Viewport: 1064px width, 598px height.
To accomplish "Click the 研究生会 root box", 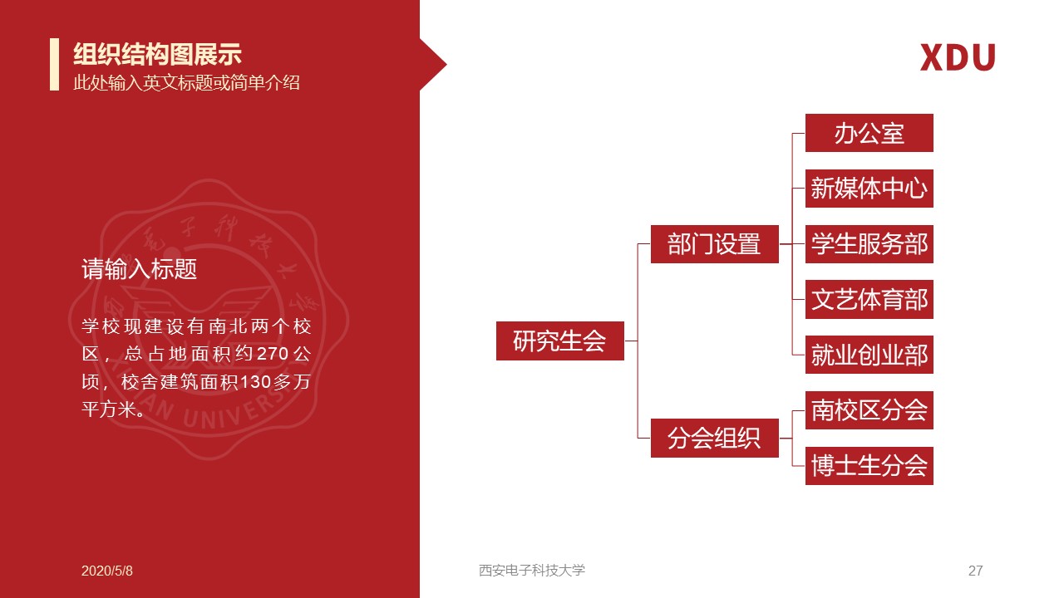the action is (x=560, y=341).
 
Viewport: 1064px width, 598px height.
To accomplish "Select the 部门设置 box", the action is (x=714, y=244).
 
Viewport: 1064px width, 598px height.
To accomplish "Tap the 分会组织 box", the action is (x=714, y=438).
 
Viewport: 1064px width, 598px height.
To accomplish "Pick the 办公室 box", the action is (x=869, y=133).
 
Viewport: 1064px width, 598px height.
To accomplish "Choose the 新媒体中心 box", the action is (x=869, y=189).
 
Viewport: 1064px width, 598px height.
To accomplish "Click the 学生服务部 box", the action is (x=869, y=244).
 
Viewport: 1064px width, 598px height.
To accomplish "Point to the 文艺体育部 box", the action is (x=869, y=300).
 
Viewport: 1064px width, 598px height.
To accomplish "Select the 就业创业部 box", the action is (x=869, y=355).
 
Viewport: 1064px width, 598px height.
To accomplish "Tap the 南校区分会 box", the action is (x=869, y=410).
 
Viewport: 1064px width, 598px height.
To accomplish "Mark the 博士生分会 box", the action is (x=869, y=466).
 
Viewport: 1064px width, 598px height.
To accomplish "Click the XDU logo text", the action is (x=958, y=57).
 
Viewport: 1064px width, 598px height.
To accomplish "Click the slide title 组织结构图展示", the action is (x=157, y=54).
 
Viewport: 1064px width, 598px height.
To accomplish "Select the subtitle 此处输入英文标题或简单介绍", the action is (x=186, y=82).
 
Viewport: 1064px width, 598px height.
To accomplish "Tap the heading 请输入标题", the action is (x=139, y=269).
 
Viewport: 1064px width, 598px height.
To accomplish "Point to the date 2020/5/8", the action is (x=107, y=571).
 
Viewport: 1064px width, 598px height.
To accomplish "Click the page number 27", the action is (x=976, y=571).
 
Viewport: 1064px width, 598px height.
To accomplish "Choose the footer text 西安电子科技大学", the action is (x=532, y=570).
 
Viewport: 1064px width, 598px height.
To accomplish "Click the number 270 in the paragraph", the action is (x=273, y=354).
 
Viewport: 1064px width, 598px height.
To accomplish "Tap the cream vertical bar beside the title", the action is (x=55, y=64).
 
